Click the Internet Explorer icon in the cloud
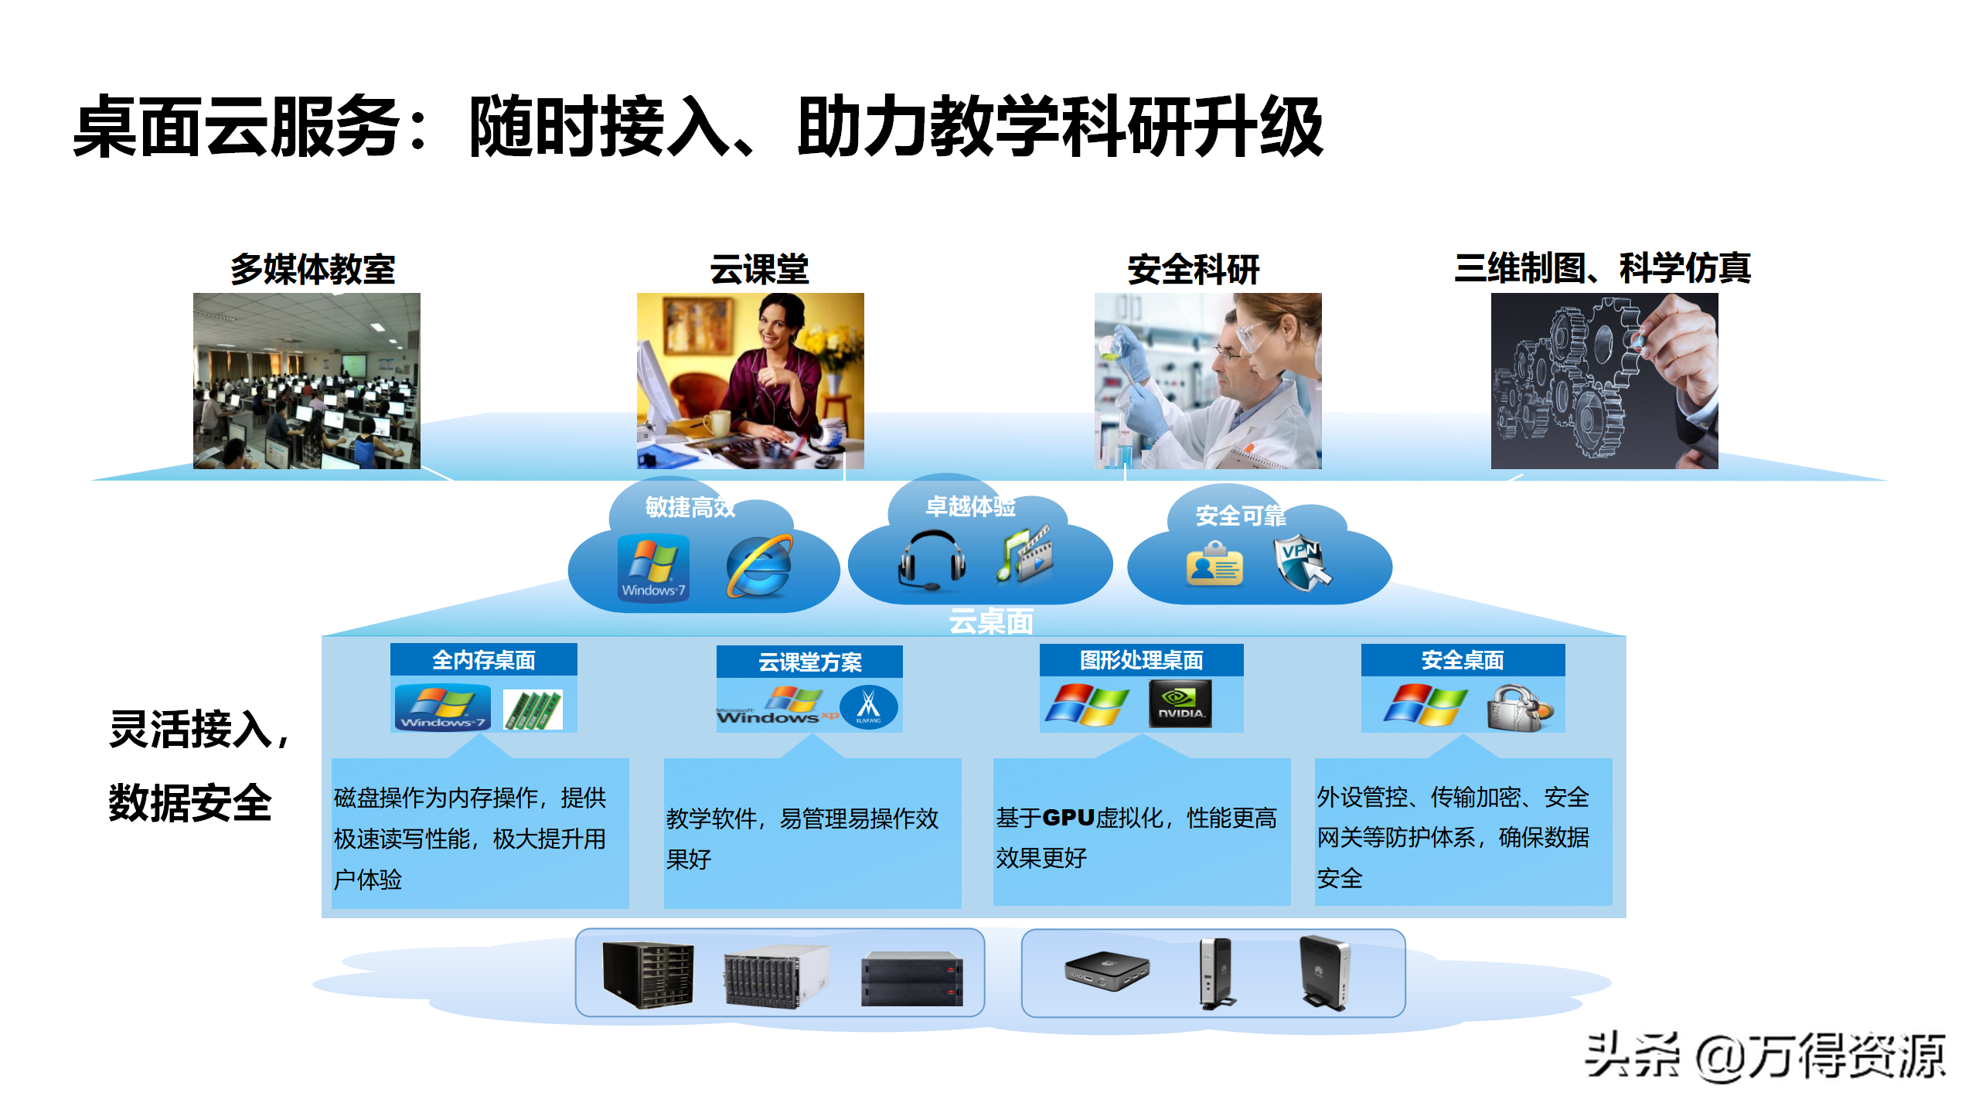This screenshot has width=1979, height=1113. tap(758, 567)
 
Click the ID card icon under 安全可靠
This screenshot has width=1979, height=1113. tap(1214, 564)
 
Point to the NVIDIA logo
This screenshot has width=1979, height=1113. tap(1180, 703)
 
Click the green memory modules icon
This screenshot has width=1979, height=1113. tap(533, 710)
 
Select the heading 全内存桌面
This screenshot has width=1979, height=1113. tap(483, 660)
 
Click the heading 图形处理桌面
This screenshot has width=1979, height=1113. tap(1141, 660)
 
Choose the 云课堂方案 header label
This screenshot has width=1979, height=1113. tap(809, 662)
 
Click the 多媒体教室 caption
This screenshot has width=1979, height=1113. tap(313, 269)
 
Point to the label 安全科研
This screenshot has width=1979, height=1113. tap(1193, 269)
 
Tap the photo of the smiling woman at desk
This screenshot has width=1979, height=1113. tap(750, 380)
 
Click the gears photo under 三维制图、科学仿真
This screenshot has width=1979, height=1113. tap(1604, 380)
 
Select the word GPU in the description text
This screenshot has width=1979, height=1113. tap(1068, 818)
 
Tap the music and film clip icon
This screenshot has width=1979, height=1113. tap(1025, 554)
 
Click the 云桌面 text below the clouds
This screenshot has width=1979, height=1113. tap(990, 621)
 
